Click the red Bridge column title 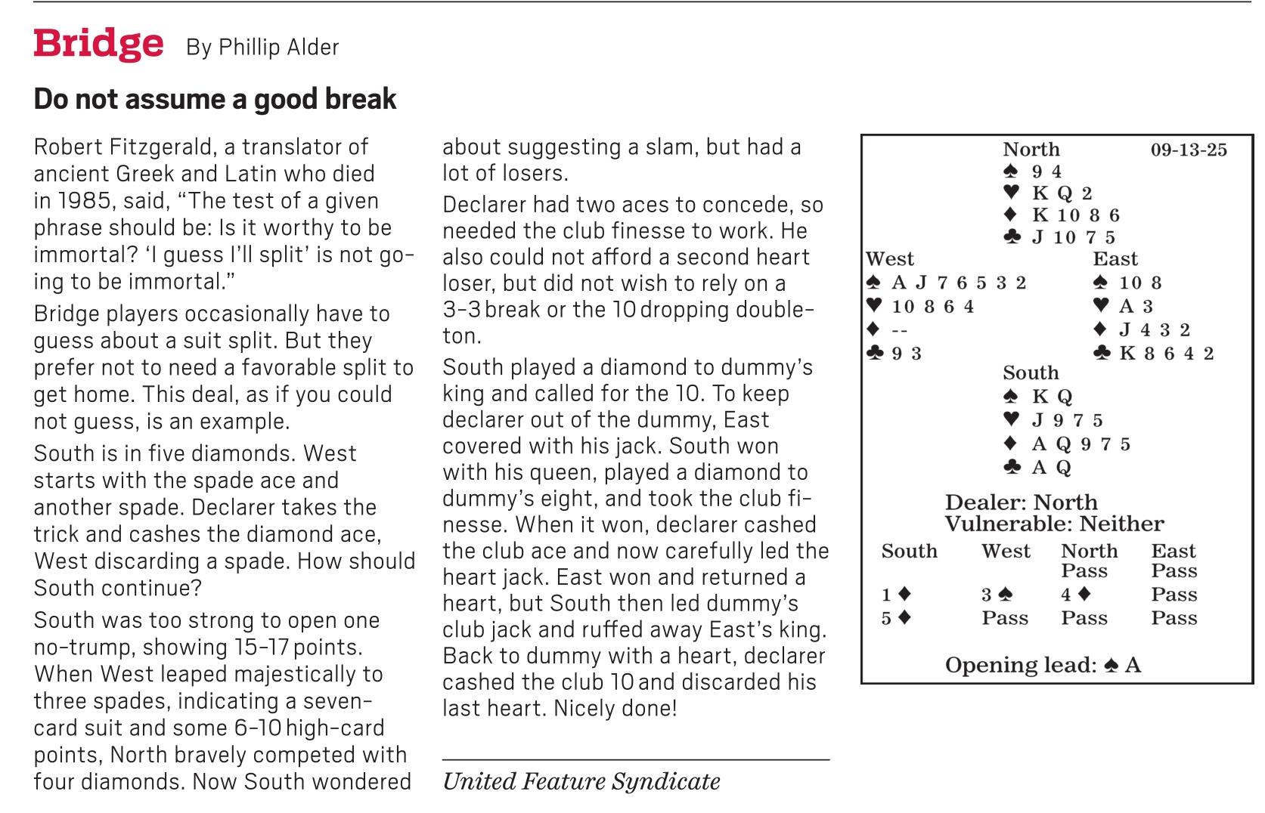point(98,44)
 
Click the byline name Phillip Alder point(279,47)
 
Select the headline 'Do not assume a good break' point(215,99)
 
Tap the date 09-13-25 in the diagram point(1189,150)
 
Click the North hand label point(1031,149)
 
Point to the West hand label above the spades point(889,258)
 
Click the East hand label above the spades point(1115,258)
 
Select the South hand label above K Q point(1031,372)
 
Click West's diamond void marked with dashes point(900,330)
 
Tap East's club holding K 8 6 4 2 point(1166,353)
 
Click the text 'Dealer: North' point(1022,502)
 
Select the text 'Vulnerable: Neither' point(1054,524)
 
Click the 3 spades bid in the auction point(997,594)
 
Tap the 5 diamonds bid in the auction point(896,618)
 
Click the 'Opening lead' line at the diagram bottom point(1043,665)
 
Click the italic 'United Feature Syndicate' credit point(581,781)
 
